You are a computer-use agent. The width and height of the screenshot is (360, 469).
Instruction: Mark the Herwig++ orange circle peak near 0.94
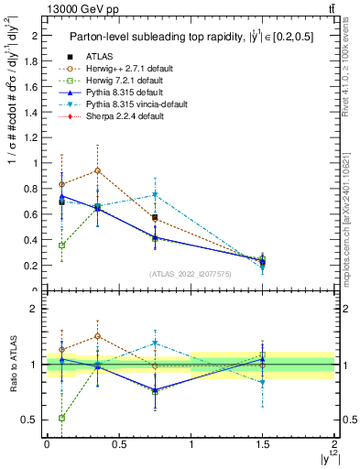pos(97,170)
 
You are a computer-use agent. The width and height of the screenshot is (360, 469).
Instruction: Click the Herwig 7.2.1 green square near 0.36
pos(61,245)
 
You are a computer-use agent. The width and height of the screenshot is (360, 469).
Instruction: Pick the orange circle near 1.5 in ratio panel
pos(97,336)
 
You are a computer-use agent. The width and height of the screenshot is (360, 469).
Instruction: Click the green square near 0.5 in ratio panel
pos(61,418)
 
